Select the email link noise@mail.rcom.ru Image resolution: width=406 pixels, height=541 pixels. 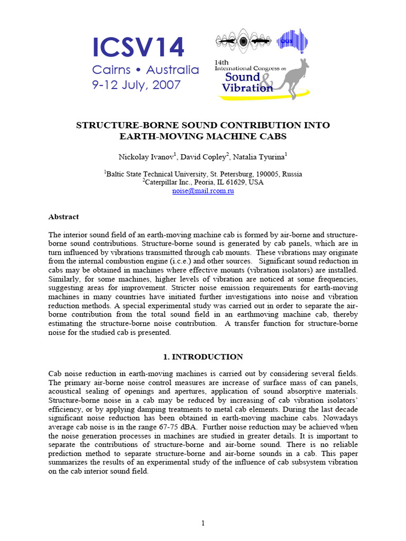(203, 191)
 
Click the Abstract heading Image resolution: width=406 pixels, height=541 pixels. (63, 217)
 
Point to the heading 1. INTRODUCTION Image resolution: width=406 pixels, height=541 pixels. (203, 357)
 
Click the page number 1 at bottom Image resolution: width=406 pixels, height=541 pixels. (203, 523)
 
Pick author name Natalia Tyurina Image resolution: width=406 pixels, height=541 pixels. (261, 157)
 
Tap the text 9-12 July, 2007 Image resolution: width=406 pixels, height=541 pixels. (136, 85)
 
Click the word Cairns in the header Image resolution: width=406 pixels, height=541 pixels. (110, 70)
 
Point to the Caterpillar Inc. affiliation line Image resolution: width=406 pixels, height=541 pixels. (203, 182)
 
